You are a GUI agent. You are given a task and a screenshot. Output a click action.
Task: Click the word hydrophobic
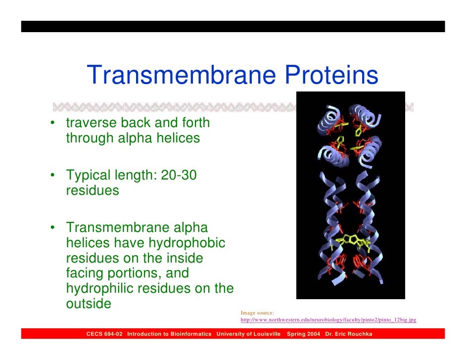pyautogui.click(x=187, y=243)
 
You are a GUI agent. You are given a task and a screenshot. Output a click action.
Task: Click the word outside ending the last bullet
pyautogui.click(x=89, y=304)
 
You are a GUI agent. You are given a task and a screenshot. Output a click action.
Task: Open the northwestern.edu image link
pyautogui.click(x=328, y=320)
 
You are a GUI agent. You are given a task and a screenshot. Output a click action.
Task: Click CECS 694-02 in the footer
pyautogui.click(x=104, y=334)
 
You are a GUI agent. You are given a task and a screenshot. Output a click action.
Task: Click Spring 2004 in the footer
pyautogui.click(x=303, y=334)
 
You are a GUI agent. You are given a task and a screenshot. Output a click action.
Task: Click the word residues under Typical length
pyautogui.click(x=93, y=191)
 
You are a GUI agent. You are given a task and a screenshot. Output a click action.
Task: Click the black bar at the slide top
pyautogui.click(x=233, y=26)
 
